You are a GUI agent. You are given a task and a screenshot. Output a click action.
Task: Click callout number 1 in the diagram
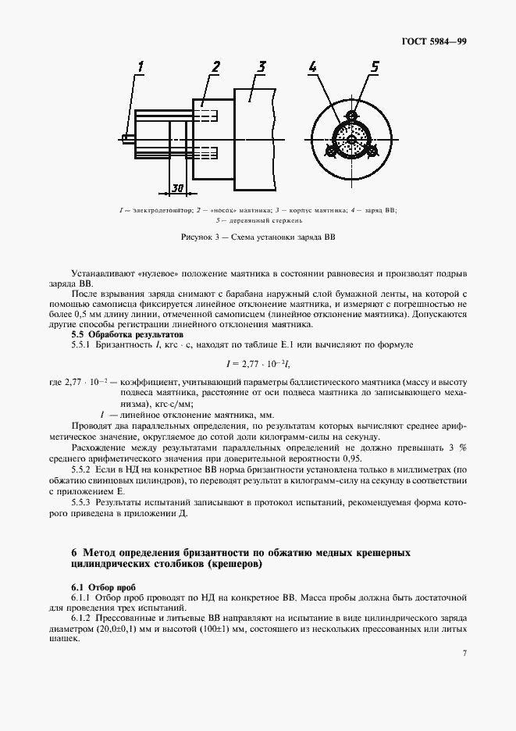click(141, 69)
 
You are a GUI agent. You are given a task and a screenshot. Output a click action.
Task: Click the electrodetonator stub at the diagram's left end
click(126, 139)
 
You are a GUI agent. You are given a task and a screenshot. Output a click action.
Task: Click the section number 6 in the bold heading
click(75, 552)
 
